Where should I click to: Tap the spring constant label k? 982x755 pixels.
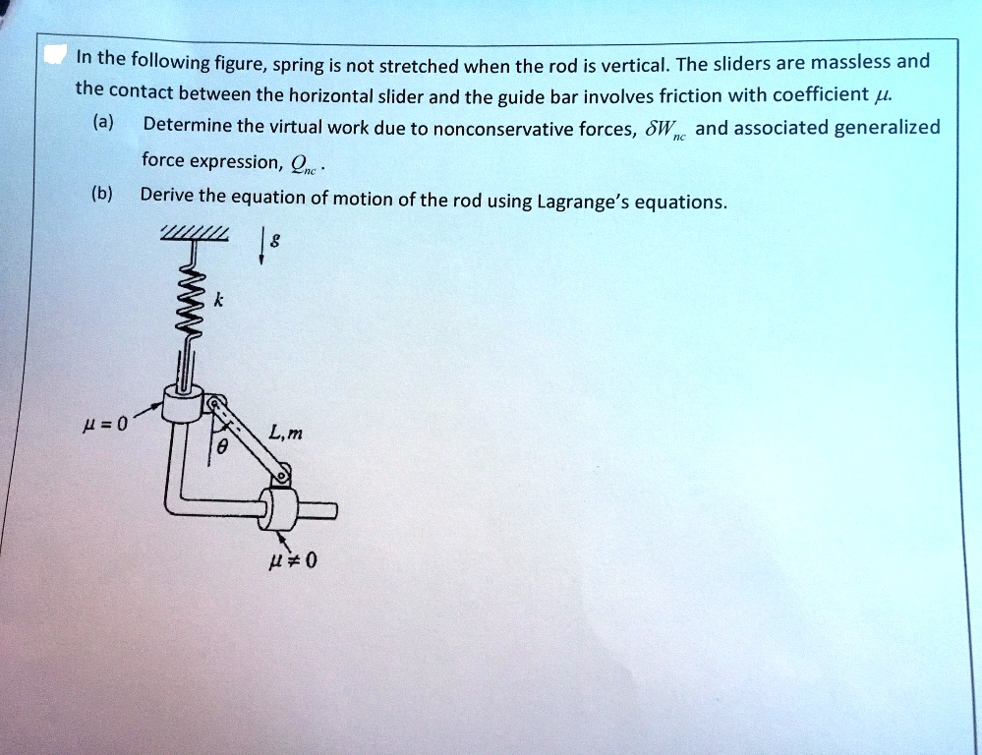(x=219, y=305)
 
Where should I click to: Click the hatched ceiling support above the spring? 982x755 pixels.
(x=195, y=233)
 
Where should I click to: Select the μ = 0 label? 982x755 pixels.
(x=107, y=425)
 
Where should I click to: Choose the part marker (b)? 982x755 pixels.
(x=102, y=194)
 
